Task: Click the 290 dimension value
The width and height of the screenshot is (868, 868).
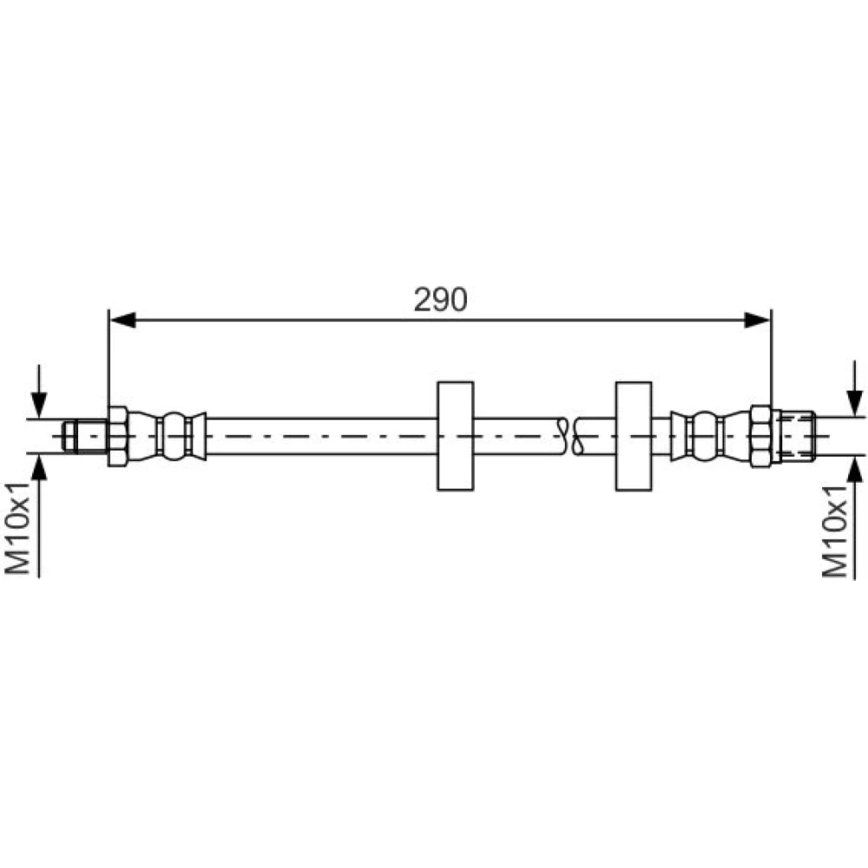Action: click(441, 299)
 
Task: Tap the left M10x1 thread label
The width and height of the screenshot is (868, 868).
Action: click(17, 528)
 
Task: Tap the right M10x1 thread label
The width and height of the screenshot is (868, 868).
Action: click(834, 532)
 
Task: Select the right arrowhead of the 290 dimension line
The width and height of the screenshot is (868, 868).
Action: click(757, 320)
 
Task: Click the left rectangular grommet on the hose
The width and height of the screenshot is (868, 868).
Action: click(456, 437)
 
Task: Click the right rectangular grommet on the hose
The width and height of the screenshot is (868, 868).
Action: click(634, 437)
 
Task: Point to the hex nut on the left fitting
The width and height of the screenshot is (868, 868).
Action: click(118, 437)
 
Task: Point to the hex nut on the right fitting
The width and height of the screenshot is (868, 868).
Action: click(760, 437)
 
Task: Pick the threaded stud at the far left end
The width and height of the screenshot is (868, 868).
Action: click(85, 437)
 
